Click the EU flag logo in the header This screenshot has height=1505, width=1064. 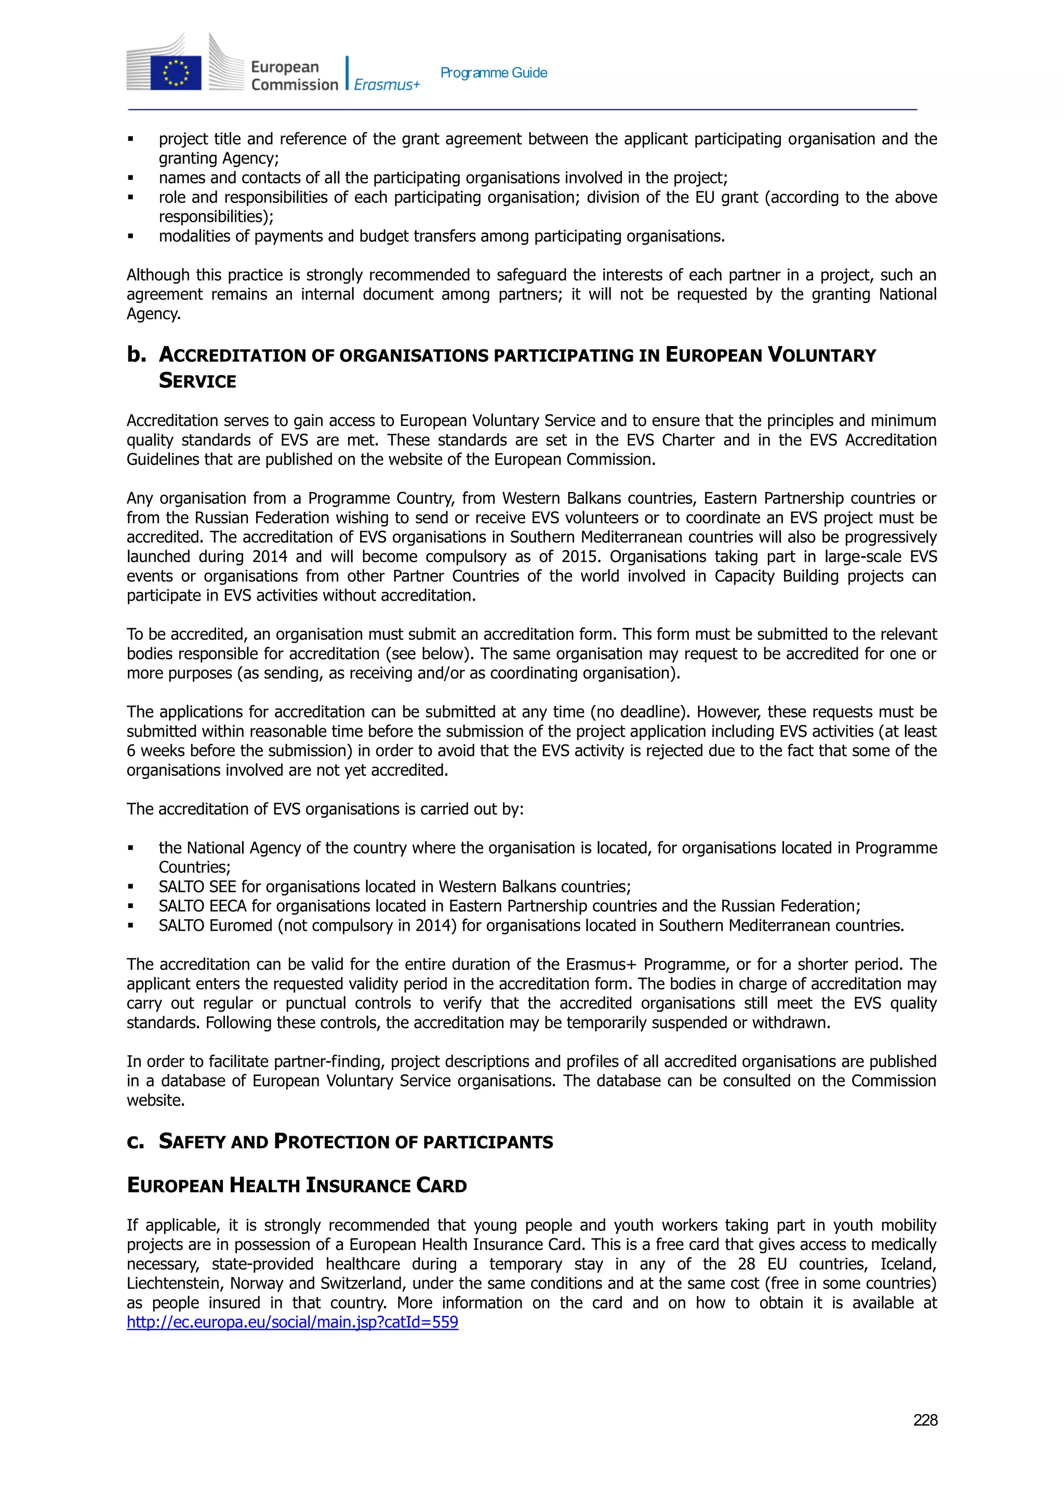tap(175, 72)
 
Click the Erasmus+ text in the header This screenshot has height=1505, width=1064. tap(386, 85)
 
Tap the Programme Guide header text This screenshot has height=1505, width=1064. tap(493, 73)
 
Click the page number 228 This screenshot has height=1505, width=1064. tap(924, 1420)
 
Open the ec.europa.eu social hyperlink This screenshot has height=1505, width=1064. tap(292, 1322)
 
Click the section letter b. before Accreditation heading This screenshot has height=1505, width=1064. tap(136, 355)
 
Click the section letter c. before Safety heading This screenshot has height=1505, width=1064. tap(135, 1141)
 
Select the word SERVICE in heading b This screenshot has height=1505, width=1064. tap(197, 381)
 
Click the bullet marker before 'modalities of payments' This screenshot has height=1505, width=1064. tap(130, 236)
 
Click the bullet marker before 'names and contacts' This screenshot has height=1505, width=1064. tap(130, 178)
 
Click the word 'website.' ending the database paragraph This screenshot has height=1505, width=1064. tap(155, 1100)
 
